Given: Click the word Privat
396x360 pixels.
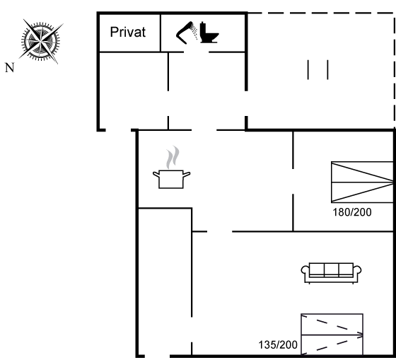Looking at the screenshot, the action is click(128, 32).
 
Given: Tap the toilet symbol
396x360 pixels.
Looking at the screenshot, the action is click(209, 33).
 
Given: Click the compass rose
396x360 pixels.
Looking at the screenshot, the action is click(41, 41).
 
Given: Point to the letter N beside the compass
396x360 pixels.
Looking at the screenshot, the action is click(10, 68).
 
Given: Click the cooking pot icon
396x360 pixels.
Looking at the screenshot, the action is click(171, 179).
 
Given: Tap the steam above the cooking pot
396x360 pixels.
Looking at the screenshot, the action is click(173, 157).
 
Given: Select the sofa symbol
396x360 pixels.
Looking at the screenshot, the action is click(331, 273).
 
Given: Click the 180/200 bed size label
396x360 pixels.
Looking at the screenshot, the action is click(352, 212).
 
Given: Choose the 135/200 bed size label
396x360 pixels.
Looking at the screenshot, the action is click(278, 345).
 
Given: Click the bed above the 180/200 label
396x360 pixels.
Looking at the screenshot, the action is click(362, 182).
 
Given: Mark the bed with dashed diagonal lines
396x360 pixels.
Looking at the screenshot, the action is click(332, 335).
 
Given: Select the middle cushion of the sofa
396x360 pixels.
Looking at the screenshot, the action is click(331, 269).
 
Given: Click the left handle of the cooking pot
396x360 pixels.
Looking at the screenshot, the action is click(156, 174).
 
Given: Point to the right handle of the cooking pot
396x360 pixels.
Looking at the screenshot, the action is click(187, 174).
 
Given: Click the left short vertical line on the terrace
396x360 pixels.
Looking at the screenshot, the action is click(308, 70).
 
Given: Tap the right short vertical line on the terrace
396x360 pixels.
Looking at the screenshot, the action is click(327, 70).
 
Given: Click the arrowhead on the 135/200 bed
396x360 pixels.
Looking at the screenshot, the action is click(361, 335).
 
